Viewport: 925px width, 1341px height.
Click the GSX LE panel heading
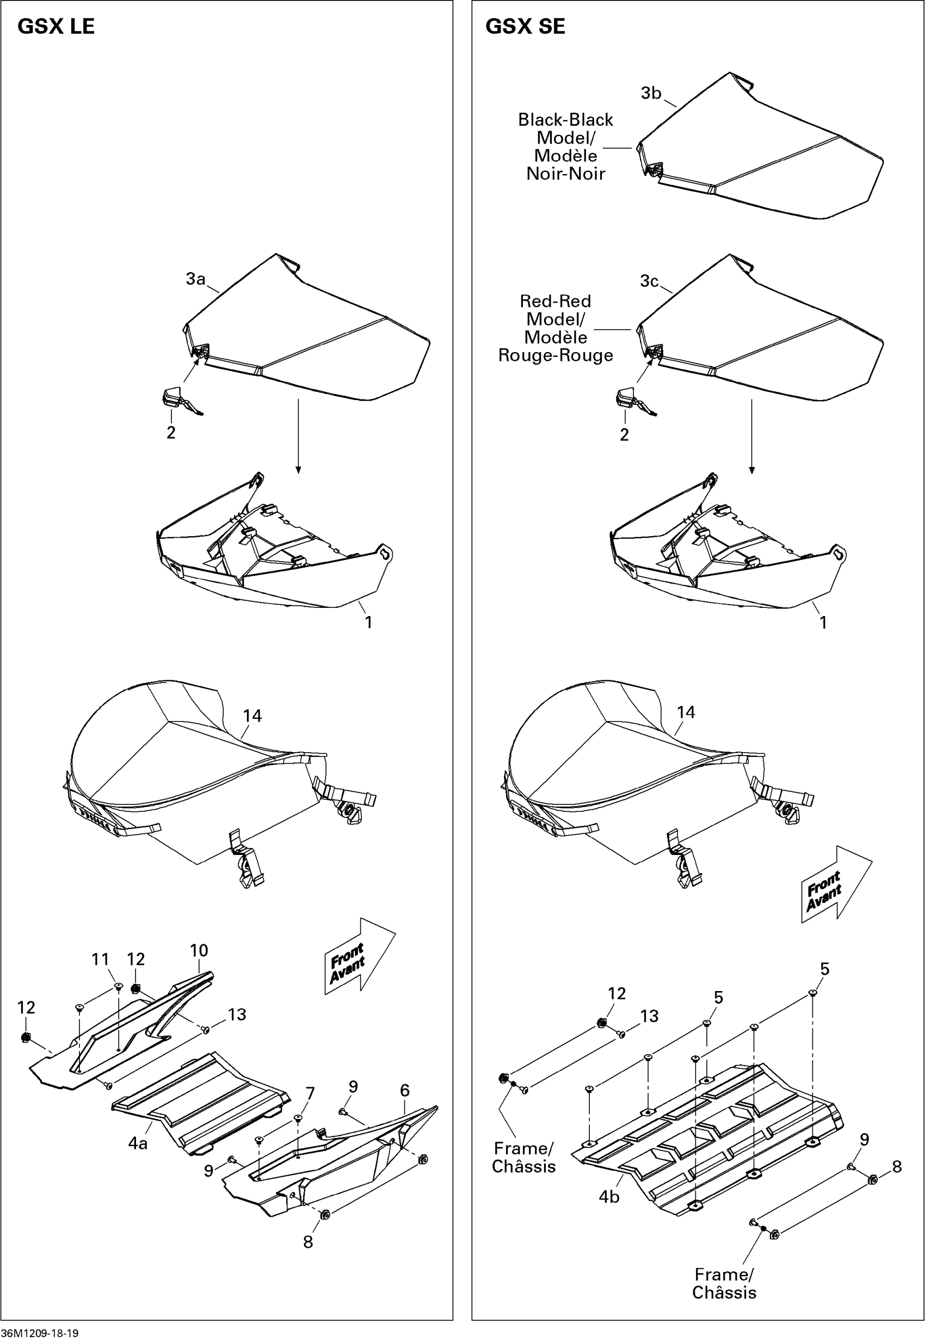[x=56, y=27]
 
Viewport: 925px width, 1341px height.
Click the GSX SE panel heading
[x=525, y=27]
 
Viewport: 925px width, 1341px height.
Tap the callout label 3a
[x=195, y=279]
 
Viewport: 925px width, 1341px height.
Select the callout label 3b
[x=651, y=94]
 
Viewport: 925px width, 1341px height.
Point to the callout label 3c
[x=649, y=281]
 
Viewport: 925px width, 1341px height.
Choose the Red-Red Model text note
[x=555, y=328]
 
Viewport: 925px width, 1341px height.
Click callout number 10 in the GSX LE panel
[x=199, y=967]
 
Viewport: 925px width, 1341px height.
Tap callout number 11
[x=100, y=976]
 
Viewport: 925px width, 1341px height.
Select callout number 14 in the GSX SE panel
[x=686, y=712]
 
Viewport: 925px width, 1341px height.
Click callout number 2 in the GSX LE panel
[x=171, y=433]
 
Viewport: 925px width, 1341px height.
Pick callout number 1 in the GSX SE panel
[x=823, y=623]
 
